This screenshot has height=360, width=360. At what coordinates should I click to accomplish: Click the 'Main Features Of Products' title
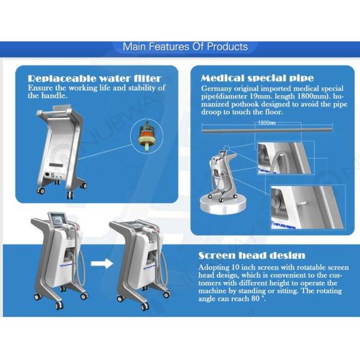[185, 47]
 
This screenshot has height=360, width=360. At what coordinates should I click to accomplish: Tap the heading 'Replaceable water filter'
[95, 79]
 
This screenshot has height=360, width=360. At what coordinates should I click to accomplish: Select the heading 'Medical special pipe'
[257, 78]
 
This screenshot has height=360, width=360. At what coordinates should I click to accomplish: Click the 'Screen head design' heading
[251, 256]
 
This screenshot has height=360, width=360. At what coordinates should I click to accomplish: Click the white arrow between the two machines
[102, 263]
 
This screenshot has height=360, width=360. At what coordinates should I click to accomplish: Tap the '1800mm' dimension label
[266, 123]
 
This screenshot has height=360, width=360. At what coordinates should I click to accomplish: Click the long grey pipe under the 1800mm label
[267, 130]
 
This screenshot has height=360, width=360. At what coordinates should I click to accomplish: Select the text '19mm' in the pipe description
[260, 96]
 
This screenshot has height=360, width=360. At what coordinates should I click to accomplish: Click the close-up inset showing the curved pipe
[285, 158]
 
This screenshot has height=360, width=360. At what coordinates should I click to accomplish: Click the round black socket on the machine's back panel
[48, 175]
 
